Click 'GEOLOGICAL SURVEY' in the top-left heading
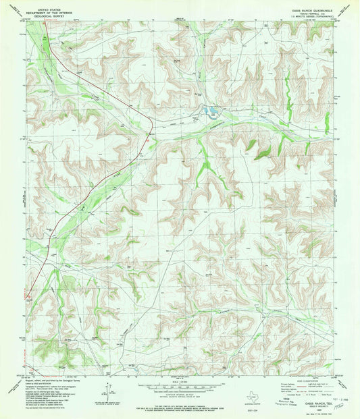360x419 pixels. [47, 13]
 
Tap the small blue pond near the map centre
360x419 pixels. [209, 111]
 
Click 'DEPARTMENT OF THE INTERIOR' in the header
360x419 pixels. [47, 9]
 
